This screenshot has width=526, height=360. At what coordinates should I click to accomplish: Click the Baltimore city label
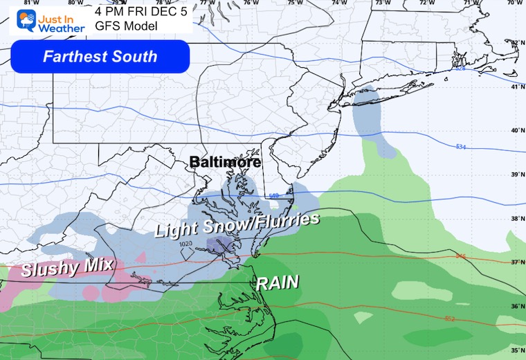(x=226, y=162)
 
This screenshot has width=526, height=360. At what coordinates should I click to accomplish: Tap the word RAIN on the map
(x=278, y=282)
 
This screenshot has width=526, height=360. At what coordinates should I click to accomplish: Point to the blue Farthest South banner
(x=100, y=56)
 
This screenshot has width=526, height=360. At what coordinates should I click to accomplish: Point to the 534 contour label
(x=461, y=147)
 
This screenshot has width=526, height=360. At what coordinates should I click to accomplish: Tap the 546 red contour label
(x=461, y=256)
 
